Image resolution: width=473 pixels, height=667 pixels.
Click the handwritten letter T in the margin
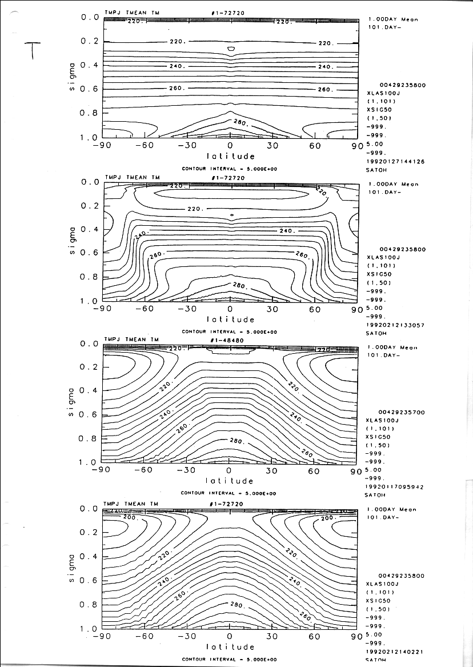point(33,51)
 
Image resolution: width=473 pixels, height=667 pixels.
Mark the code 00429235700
point(402,412)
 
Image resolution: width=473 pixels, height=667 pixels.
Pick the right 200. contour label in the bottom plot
point(330,518)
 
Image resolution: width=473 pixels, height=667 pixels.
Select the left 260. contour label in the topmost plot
point(177,89)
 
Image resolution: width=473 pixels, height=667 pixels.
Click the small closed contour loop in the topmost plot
point(231,49)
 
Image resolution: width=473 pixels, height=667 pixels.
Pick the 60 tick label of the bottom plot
point(314,636)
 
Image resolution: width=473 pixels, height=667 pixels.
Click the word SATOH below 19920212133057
point(376,333)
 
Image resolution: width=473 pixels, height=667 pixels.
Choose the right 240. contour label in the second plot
point(287,231)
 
